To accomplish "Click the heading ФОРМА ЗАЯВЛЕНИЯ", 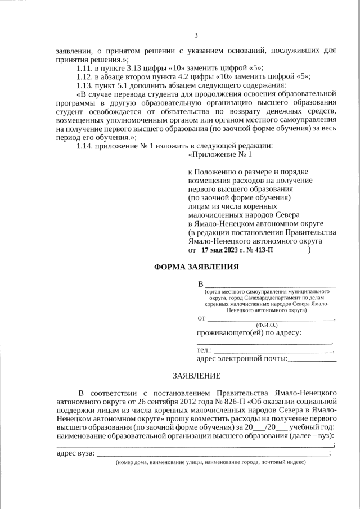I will point(196,267).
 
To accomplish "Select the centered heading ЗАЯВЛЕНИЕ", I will point(196,375).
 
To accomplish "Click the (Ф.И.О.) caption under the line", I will point(266,325).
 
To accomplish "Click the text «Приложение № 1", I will point(220,154).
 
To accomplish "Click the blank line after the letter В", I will point(270,283).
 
